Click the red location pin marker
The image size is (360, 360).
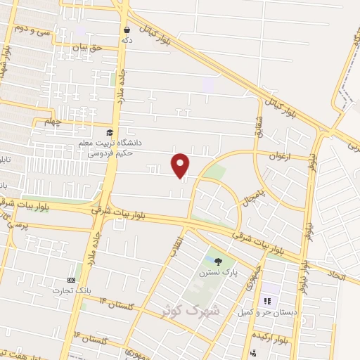[181, 165]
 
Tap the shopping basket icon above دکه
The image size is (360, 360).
[127, 30]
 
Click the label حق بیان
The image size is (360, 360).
[87, 46]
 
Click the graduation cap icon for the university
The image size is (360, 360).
[109, 132]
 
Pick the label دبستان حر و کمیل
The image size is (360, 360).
[266, 311]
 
